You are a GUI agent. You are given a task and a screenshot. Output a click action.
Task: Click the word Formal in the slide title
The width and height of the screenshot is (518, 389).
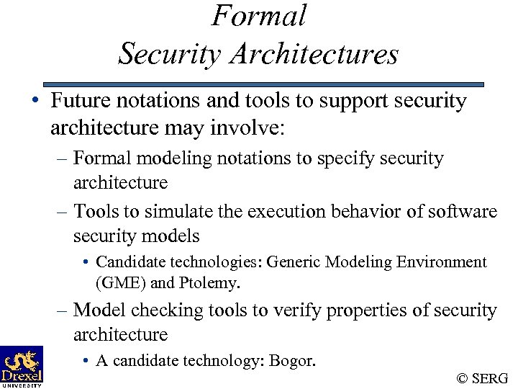click(259, 16)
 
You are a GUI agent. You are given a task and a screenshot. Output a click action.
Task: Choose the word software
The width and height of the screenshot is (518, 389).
click(462, 212)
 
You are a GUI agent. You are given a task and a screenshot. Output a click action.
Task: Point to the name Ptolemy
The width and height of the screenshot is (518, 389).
click(209, 283)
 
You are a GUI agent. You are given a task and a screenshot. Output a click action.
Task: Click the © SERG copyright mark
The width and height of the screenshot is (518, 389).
click(482, 377)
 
